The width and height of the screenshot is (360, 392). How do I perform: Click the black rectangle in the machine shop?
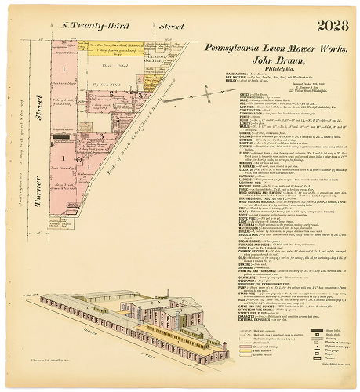(x=60, y=137)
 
